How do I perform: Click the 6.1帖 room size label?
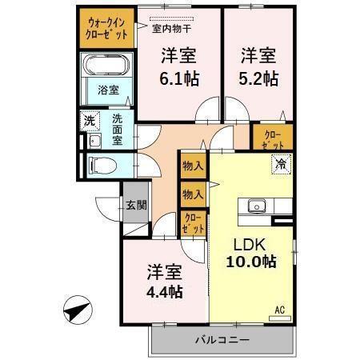[180, 79]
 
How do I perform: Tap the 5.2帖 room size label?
[260, 79]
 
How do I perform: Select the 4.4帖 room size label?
[163, 291]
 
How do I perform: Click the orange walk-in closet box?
[106, 29]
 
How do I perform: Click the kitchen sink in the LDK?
[258, 205]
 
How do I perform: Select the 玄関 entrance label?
[135, 205]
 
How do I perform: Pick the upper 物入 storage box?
[193, 166]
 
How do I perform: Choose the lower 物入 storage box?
[193, 194]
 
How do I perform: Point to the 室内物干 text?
[170, 30]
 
